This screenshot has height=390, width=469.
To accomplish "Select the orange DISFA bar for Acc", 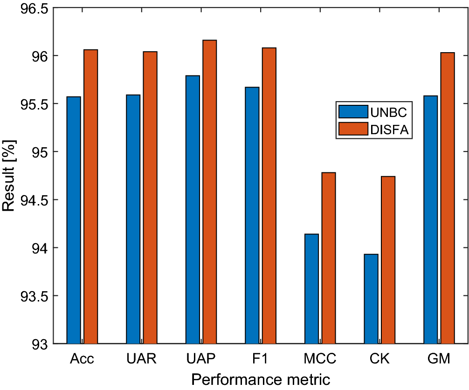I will click(90, 196).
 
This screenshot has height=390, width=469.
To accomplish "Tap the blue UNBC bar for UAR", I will click(133, 219).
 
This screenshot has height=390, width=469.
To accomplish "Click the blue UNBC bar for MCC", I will click(311, 288).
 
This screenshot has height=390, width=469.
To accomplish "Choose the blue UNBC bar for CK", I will click(371, 299).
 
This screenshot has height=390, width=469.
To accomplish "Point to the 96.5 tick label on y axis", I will click(29, 8).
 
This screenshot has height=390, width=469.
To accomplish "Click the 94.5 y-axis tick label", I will click(29, 200).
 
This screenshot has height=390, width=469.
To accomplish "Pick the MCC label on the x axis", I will click(320, 359).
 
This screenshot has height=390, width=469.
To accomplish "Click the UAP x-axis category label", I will click(201, 359).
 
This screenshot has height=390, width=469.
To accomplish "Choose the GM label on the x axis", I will click(439, 359).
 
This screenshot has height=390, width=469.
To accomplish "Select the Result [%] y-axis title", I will click(9, 176).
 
